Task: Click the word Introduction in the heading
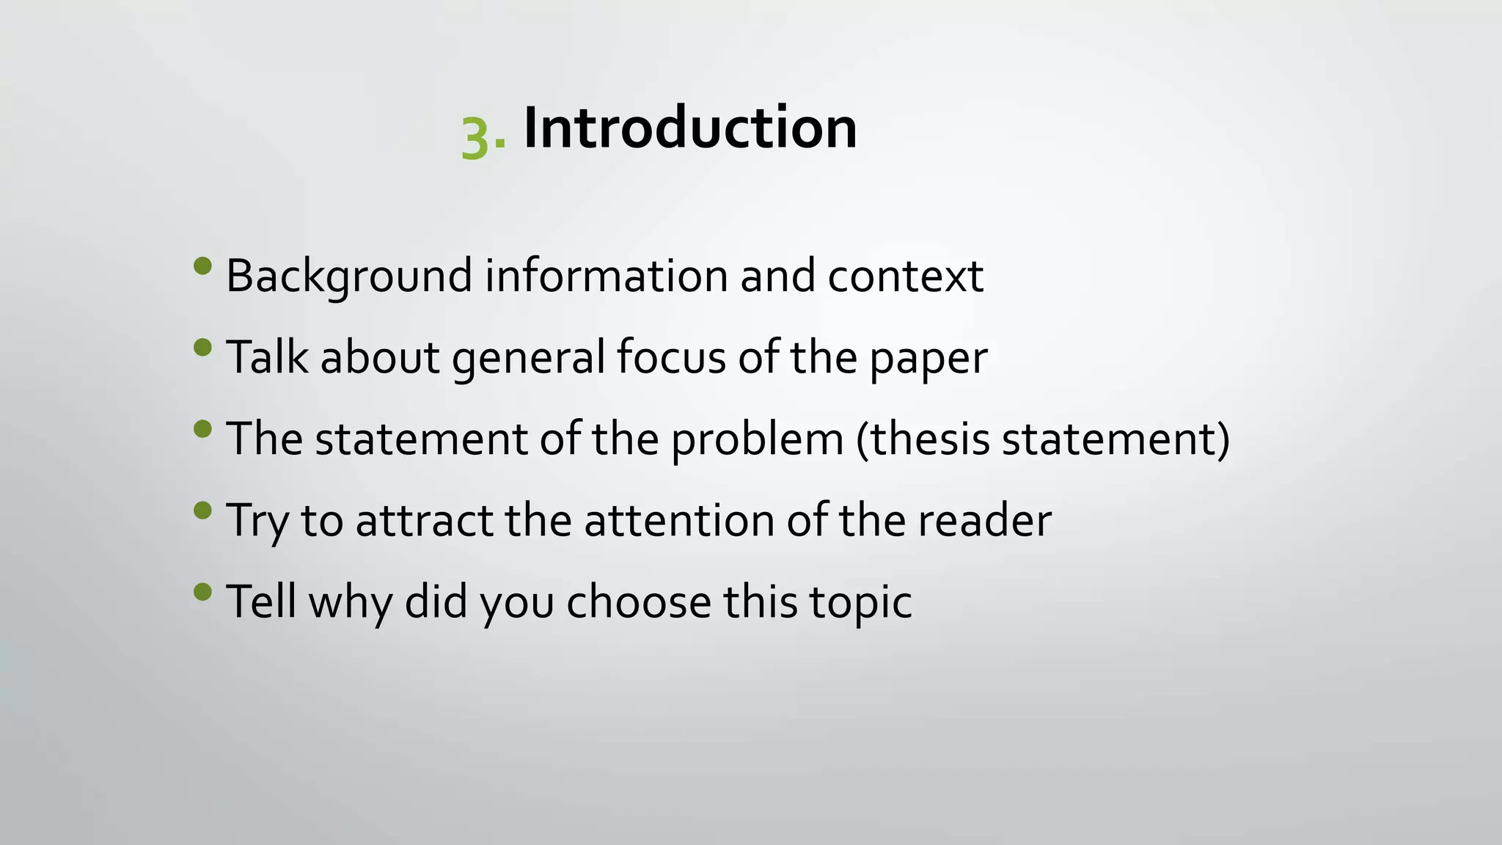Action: pyautogui.click(x=689, y=128)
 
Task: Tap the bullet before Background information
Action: pyautogui.click(x=203, y=266)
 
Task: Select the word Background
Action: pyautogui.click(x=349, y=277)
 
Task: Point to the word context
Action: pyautogui.click(x=905, y=277)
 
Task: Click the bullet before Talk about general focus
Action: pyautogui.click(x=203, y=347)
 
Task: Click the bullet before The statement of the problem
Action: pyautogui.click(x=203, y=428)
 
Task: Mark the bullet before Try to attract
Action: pyautogui.click(x=203, y=510)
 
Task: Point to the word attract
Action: pyautogui.click(x=424, y=521)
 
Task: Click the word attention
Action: pyautogui.click(x=678, y=521)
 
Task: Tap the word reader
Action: pyautogui.click(x=984, y=521)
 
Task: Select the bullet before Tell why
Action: pyautogui.click(x=203, y=591)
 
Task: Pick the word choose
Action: pyautogui.click(x=638, y=602)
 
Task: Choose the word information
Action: pyautogui.click(x=606, y=277)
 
